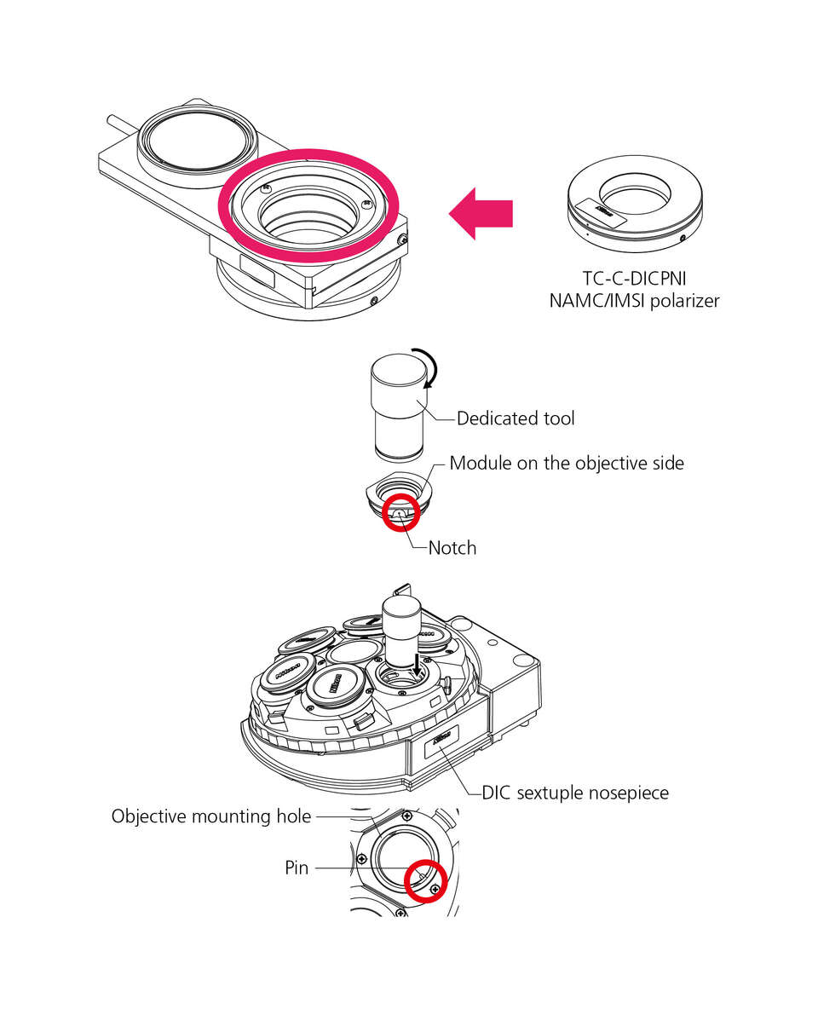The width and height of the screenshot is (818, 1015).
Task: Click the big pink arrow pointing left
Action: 482,214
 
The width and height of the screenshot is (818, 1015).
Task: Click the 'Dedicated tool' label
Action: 516,418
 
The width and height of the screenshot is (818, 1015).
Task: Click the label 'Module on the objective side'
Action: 567,464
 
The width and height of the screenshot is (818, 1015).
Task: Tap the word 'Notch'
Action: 452,548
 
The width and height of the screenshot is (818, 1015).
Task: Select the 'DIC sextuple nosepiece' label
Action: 575,793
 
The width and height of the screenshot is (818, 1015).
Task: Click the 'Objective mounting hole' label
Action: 211,816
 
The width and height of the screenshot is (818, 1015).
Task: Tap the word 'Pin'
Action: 297,868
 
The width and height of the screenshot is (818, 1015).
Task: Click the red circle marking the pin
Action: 427,880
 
